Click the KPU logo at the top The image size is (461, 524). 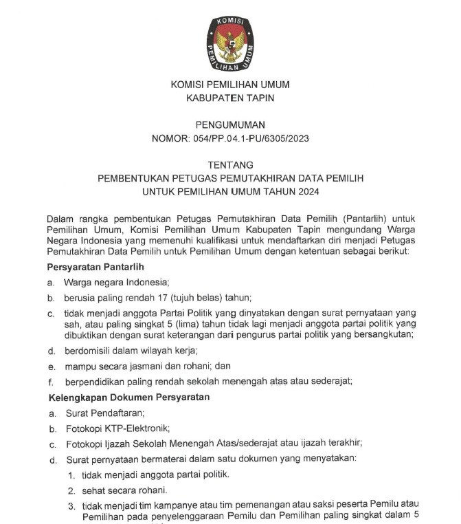point(230,44)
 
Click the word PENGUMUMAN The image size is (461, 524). point(230,124)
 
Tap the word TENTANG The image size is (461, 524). point(230,165)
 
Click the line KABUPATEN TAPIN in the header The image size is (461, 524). point(230,98)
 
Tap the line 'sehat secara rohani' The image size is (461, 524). point(124,490)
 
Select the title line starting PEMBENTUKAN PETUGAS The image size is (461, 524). point(230,178)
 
